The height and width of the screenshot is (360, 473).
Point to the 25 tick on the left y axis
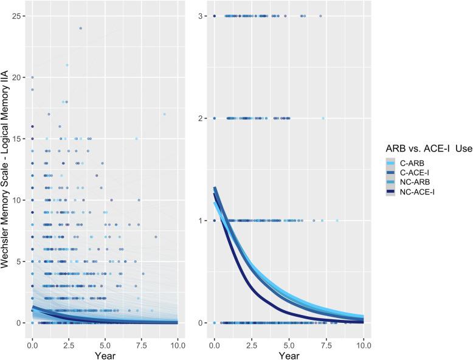[19, 16]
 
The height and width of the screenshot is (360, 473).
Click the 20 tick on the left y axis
[19, 77]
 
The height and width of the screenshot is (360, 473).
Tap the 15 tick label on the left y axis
[19, 139]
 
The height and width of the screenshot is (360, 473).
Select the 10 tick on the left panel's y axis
[19, 200]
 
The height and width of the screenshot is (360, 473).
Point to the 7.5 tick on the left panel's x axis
[141, 336]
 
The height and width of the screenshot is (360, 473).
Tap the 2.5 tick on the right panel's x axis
[251, 336]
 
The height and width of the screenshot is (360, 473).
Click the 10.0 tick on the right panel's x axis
[363, 336]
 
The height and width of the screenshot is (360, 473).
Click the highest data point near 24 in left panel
[80, 28]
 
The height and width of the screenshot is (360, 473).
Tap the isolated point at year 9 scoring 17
[164, 114]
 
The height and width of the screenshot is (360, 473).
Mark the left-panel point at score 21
[67, 65]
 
